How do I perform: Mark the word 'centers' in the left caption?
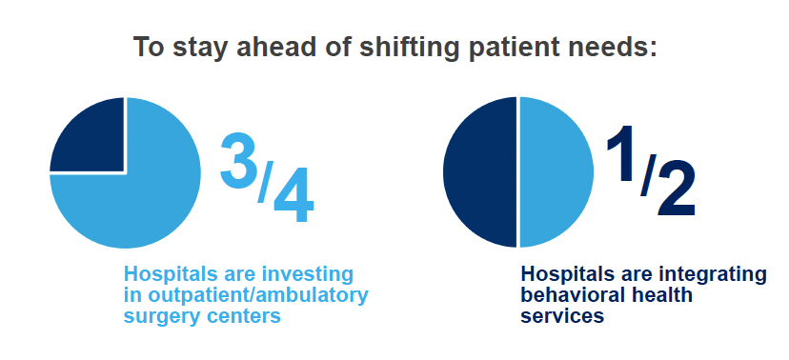point(248,317)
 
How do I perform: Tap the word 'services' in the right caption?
point(562,316)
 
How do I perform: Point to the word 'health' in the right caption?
point(661,295)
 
